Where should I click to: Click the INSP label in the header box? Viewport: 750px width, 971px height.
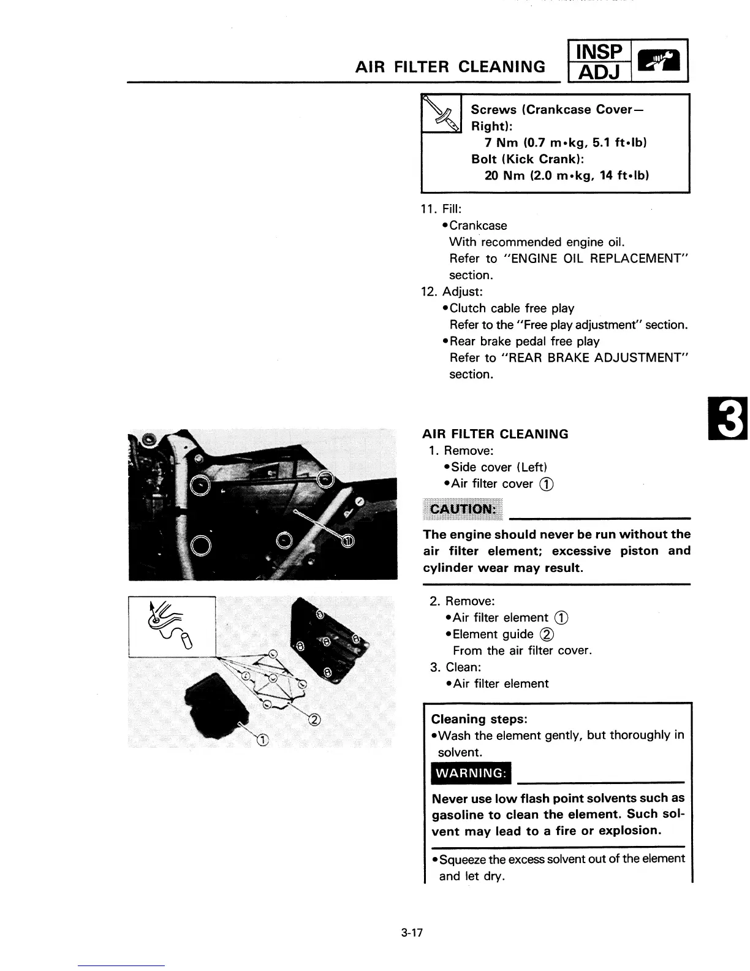pyautogui.click(x=596, y=51)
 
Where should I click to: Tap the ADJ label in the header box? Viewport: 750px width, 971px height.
pyautogui.click(x=596, y=72)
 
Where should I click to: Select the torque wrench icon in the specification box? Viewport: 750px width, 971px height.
pyautogui.click(x=442, y=115)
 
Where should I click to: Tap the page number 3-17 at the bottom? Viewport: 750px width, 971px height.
pyautogui.click(x=412, y=934)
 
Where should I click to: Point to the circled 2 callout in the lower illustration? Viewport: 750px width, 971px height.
pyautogui.click(x=315, y=720)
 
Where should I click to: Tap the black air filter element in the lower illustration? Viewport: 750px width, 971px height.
pyautogui.click(x=218, y=705)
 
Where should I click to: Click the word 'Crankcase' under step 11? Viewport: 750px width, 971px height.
pyautogui.click(x=478, y=226)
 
